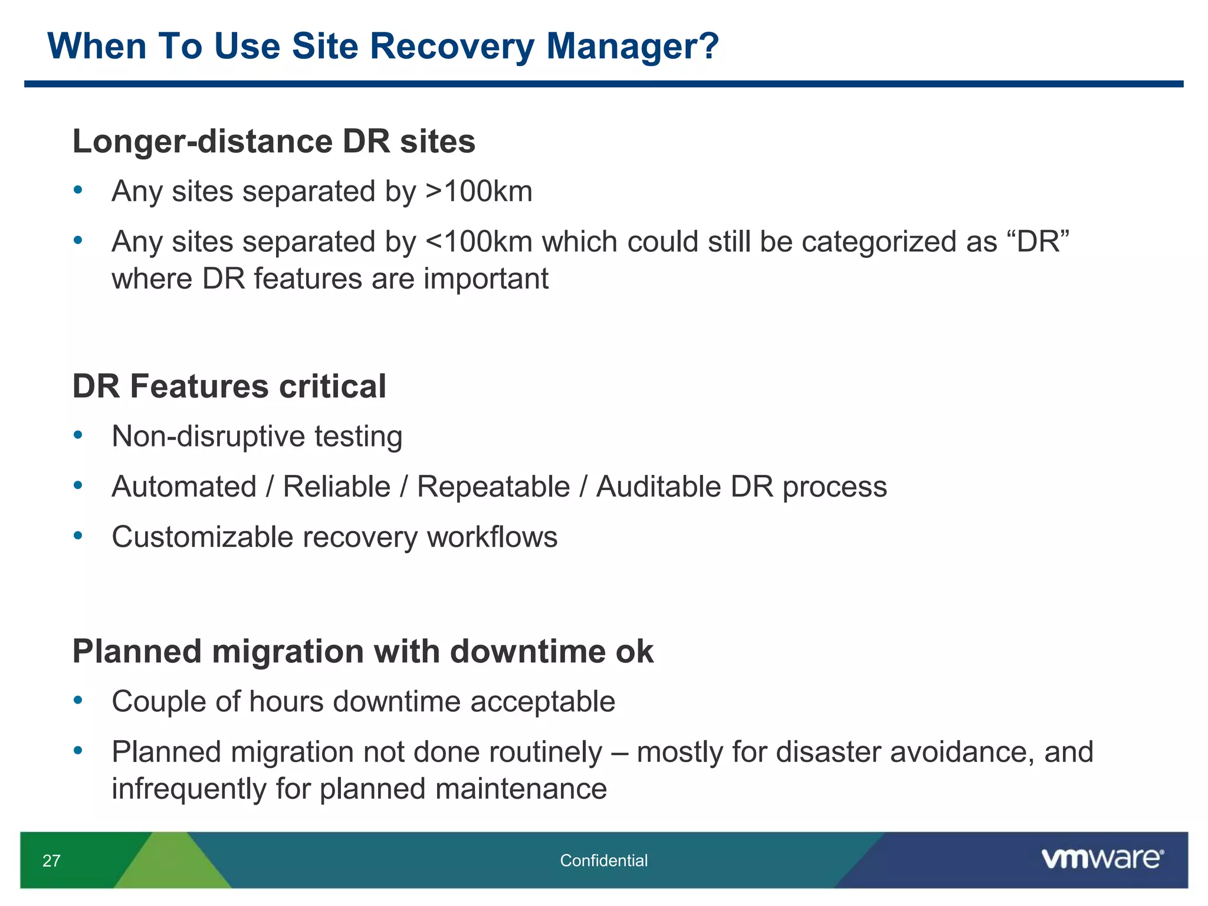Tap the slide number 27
click(x=51, y=861)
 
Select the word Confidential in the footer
click(x=603, y=861)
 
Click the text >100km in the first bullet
click(x=478, y=192)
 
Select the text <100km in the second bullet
click(x=478, y=242)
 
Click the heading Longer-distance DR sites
click(x=274, y=142)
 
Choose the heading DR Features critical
click(x=229, y=386)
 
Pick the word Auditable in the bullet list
click(x=658, y=487)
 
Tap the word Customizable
click(x=202, y=537)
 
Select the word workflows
click(x=492, y=537)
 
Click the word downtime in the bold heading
click(x=527, y=652)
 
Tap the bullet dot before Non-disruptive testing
click(x=78, y=435)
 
